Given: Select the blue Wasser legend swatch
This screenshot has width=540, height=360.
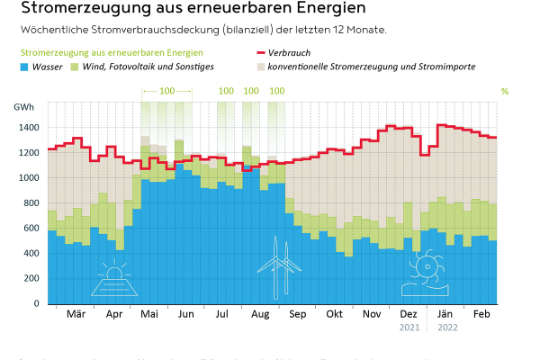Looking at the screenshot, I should coord(26,66).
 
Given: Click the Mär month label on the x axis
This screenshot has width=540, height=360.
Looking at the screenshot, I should coord(75,314).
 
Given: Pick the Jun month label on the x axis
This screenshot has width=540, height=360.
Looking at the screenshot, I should coord(185,314).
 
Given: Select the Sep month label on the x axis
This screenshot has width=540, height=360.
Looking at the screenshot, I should coord(297,314).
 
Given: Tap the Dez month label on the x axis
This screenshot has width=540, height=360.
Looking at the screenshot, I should coord(408,314).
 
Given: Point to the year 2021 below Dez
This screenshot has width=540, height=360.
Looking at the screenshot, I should coord(408,327).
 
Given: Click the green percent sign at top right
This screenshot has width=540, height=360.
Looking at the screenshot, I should coord(504,91).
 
